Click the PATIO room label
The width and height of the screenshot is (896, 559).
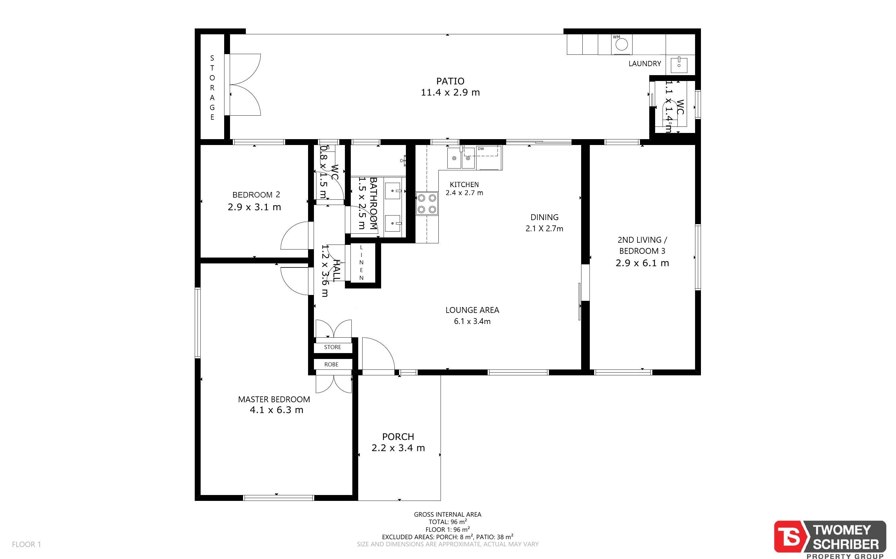point(450,81)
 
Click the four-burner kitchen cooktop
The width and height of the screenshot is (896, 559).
point(426,204)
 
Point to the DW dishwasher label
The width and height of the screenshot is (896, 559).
point(481,149)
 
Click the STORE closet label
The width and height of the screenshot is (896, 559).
point(332,347)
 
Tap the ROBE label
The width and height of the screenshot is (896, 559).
point(331,365)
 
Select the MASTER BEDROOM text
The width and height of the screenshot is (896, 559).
point(274,399)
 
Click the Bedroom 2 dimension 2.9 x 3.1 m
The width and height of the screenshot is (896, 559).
point(254,207)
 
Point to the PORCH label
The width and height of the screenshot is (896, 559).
point(398,437)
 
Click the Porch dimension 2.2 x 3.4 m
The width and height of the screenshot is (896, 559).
point(398,448)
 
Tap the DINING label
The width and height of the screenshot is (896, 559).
point(544,217)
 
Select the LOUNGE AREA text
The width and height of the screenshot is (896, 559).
point(472,310)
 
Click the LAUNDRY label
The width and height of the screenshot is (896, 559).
point(645,64)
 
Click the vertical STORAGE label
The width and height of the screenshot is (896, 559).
point(212,87)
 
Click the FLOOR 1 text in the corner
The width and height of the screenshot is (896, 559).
point(26,544)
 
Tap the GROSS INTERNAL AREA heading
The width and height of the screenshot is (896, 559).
point(447,514)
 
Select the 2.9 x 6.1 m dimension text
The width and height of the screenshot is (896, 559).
point(642,263)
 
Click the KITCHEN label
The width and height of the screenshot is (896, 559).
point(464,185)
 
